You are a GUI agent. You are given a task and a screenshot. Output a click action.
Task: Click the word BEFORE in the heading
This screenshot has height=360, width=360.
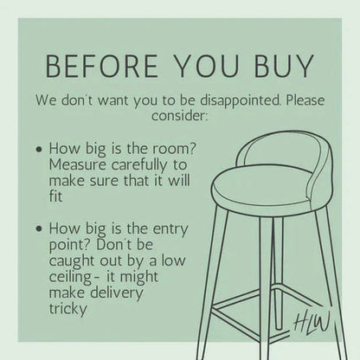(x=102, y=66)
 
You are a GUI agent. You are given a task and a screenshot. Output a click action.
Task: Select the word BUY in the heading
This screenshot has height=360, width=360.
(x=284, y=66)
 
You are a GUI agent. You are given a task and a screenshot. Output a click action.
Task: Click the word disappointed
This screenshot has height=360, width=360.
(x=240, y=100)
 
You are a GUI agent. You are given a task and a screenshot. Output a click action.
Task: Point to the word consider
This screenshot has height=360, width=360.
(x=179, y=116)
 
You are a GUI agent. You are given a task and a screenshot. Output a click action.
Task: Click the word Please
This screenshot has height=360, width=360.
(x=305, y=100)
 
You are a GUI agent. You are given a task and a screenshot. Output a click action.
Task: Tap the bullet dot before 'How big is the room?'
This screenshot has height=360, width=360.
(x=39, y=150)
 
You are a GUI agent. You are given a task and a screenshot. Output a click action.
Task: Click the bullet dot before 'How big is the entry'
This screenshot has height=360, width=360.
(x=39, y=229)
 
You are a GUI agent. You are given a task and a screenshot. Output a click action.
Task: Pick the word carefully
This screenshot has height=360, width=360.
(x=139, y=165)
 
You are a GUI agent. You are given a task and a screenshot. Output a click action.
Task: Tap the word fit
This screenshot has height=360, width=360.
(x=55, y=196)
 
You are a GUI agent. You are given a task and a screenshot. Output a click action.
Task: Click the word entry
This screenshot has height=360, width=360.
(x=170, y=229)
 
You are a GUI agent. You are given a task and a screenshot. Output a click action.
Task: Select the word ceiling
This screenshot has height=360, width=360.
(x=70, y=277)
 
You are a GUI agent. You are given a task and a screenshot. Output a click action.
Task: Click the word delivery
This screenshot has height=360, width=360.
(x=116, y=293)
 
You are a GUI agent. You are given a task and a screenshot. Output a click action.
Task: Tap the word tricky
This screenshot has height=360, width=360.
(x=67, y=309)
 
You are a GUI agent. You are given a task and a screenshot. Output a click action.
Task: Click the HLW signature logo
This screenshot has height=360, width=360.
(x=312, y=323)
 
